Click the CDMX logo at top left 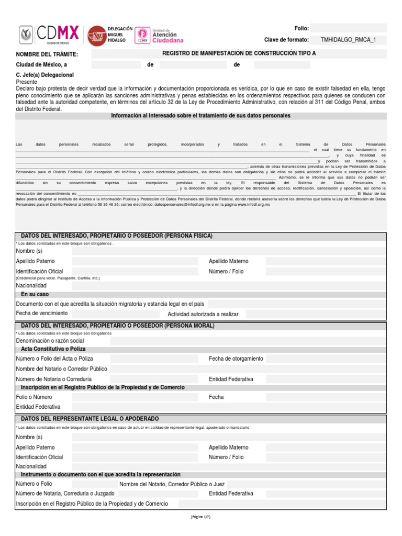[49, 35]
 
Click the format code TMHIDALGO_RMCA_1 [348, 40]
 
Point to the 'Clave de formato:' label [286, 40]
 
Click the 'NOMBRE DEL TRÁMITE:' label [47, 54]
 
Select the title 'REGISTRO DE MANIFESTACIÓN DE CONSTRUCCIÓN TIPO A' [239, 53]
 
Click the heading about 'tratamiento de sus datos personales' [200, 115]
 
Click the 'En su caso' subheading [35, 294]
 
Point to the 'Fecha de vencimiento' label [42, 313]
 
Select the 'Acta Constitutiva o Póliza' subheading [53, 349]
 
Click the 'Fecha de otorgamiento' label [236, 359]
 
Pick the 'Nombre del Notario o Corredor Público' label [62, 368]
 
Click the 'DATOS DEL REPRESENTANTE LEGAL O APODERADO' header [90, 419]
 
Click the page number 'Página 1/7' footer [200, 516]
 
